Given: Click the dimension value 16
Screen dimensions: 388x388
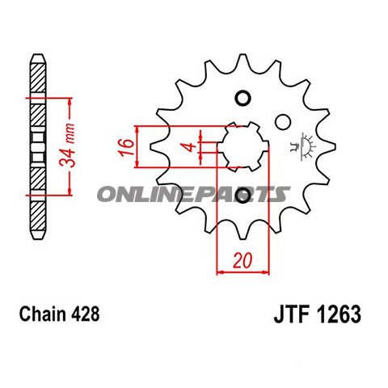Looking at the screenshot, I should click(126, 146).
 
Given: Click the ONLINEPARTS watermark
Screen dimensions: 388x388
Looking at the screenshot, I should click(193, 194).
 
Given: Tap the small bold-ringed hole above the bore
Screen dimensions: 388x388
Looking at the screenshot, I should click(242, 99).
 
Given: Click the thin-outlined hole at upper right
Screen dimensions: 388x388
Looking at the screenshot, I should click(282, 122).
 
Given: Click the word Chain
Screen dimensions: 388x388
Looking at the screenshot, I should click(41, 313).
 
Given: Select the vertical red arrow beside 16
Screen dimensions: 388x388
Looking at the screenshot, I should click(140, 146).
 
